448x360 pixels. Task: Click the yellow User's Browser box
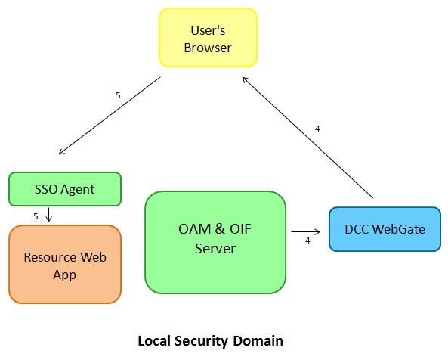(x=208, y=39)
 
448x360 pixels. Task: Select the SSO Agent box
(x=65, y=189)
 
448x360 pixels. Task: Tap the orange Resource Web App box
(x=65, y=265)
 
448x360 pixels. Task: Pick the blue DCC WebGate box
(x=385, y=229)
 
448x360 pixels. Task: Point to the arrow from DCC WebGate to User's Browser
(x=308, y=134)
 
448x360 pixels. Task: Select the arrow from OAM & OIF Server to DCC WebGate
(x=305, y=231)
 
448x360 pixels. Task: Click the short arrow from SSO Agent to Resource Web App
(x=48, y=215)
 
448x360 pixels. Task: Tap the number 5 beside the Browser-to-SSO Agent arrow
(x=118, y=96)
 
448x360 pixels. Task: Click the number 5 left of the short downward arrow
(x=36, y=216)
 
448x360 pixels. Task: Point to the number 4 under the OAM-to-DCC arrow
(x=307, y=241)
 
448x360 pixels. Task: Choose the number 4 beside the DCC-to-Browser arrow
(x=317, y=129)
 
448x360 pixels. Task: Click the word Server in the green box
(x=215, y=249)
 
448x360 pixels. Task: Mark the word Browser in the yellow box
(x=208, y=48)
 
